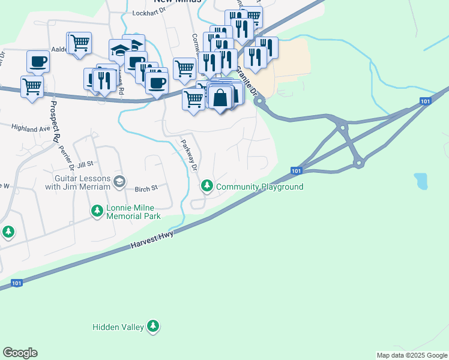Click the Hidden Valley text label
(x=118, y=327)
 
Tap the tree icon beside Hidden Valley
(x=154, y=326)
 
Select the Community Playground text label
(x=259, y=187)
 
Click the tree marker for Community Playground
(x=207, y=186)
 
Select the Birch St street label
(x=146, y=188)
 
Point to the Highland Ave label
(x=32, y=128)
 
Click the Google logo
(x=20, y=353)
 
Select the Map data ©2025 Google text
(x=411, y=355)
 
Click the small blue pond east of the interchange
(x=421, y=181)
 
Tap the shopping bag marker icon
(x=221, y=97)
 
